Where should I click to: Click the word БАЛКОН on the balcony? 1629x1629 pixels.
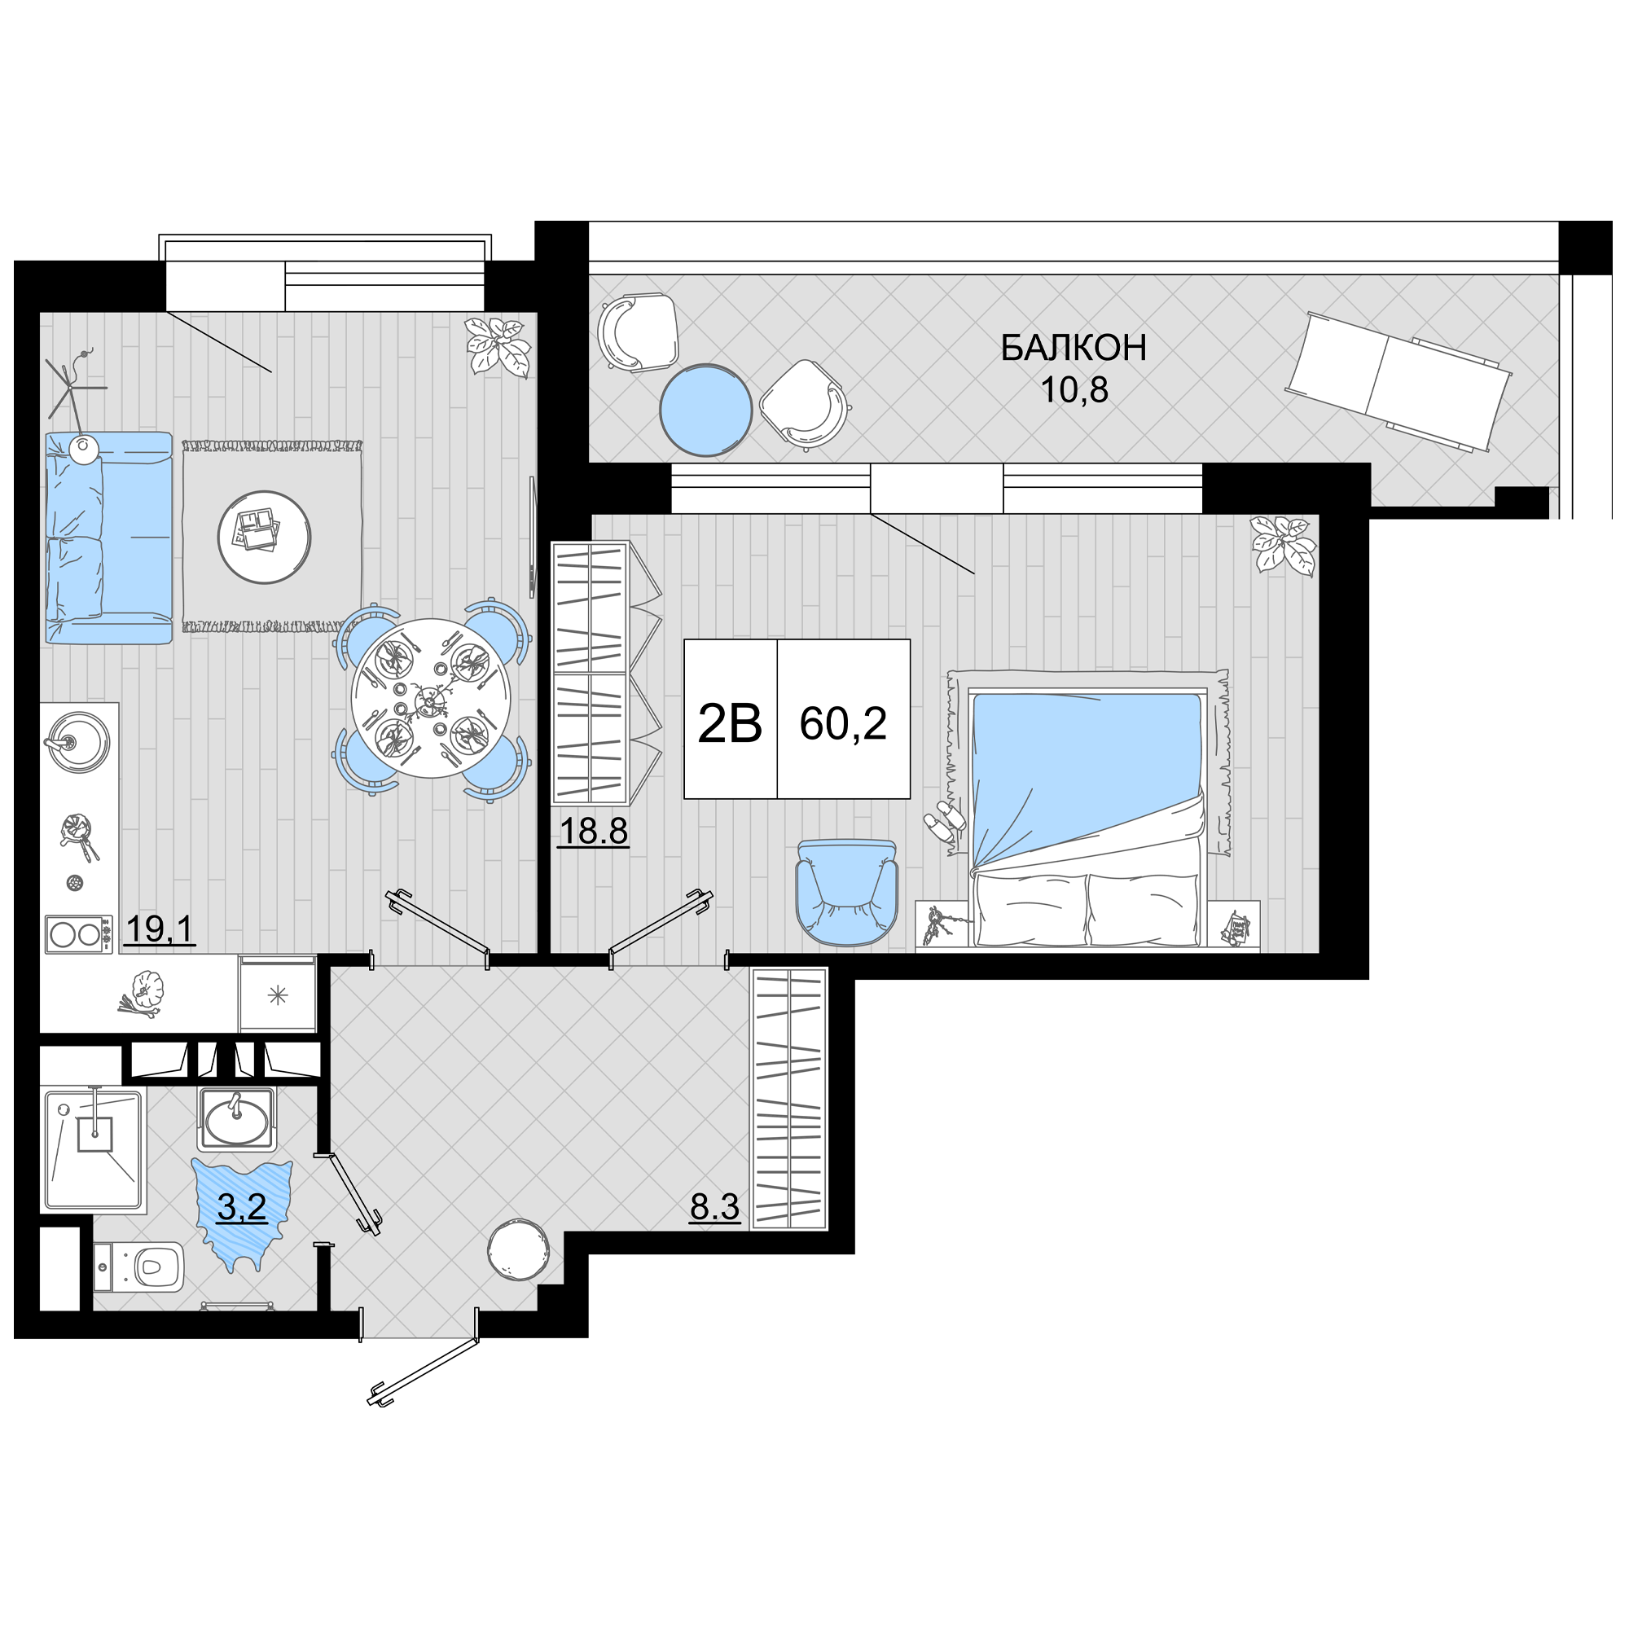click(x=1074, y=349)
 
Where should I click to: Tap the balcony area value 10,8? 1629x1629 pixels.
click(x=1074, y=390)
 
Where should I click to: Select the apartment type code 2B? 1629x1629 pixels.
click(x=730, y=723)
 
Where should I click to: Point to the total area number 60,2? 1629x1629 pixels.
click(x=843, y=723)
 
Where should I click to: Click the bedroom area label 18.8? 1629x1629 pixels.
click(x=594, y=832)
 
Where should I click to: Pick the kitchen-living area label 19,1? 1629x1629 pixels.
click(x=160, y=930)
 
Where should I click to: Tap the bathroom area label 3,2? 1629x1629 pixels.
click(x=242, y=1207)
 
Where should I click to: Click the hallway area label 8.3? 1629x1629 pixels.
click(x=715, y=1207)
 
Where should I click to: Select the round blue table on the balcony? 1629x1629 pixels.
click(x=705, y=410)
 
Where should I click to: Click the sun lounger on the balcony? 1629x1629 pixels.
click(x=1398, y=383)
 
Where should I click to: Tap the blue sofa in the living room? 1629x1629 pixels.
click(x=109, y=538)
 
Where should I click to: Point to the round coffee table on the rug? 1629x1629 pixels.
click(x=264, y=537)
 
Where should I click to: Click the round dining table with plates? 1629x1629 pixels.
click(x=431, y=698)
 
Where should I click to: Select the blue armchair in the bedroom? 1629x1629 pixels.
click(x=846, y=892)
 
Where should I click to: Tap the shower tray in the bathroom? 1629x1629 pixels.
click(x=93, y=1149)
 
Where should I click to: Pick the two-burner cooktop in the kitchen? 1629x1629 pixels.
click(x=78, y=934)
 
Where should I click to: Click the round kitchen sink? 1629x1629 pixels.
click(x=77, y=740)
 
